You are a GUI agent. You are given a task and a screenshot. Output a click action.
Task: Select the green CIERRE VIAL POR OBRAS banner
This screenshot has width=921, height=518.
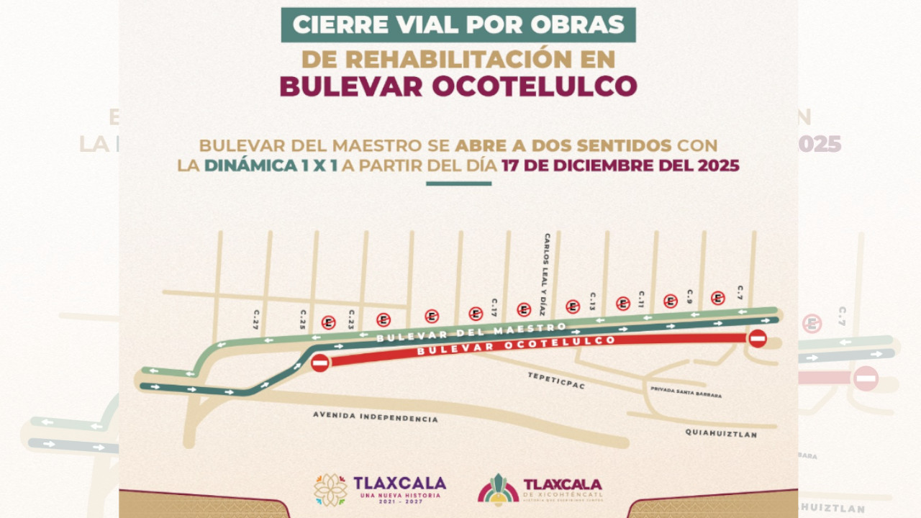pyautogui.click(x=458, y=24)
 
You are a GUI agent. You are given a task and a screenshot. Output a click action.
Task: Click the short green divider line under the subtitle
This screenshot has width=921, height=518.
pyautogui.click(x=458, y=183)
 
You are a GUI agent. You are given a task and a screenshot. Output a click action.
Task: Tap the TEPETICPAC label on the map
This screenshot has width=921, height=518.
pyautogui.click(x=556, y=381)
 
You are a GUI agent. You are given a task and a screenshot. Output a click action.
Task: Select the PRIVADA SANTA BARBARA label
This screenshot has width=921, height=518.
pyautogui.click(x=685, y=393)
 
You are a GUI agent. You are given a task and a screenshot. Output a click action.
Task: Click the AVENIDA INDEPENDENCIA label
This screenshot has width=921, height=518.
pyautogui.click(x=375, y=417)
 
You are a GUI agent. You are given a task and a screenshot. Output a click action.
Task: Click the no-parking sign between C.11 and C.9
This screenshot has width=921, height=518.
pyautogui.click(x=671, y=301)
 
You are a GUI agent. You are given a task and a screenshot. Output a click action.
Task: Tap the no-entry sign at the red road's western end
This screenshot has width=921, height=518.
pyautogui.click(x=320, y=363)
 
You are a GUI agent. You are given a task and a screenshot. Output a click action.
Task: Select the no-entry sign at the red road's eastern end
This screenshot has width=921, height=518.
pyautogui.click(x=758, y=339)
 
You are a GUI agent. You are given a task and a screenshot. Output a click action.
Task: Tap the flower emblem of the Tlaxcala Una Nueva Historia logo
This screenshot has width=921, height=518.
pyautogui.click(x=330, y=490)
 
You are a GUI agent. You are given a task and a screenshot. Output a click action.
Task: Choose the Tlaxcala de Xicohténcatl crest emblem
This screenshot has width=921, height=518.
pyautogui.click(x=498, y=490)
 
